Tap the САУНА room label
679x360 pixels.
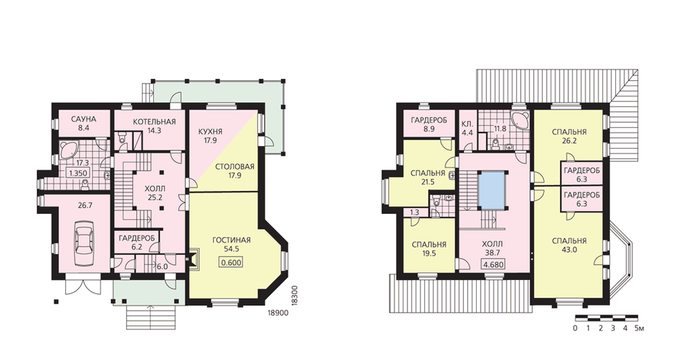click(84, 120)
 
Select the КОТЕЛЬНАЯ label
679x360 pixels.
click(155, 122)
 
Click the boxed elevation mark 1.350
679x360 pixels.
click(78, 173)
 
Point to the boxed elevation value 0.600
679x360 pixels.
click(232, 262)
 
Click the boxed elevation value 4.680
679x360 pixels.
click(493, 264)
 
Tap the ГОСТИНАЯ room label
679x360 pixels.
click(232, 240)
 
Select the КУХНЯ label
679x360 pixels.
click(210, 132)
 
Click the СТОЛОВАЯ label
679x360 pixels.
click(234, 167)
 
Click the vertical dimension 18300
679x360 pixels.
click(295, 295)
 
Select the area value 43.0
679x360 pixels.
click(569, 250)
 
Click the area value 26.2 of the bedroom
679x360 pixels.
click(569, 141)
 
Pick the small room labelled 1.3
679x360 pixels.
click(414, 213)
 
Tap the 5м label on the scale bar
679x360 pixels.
click(639, 328)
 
